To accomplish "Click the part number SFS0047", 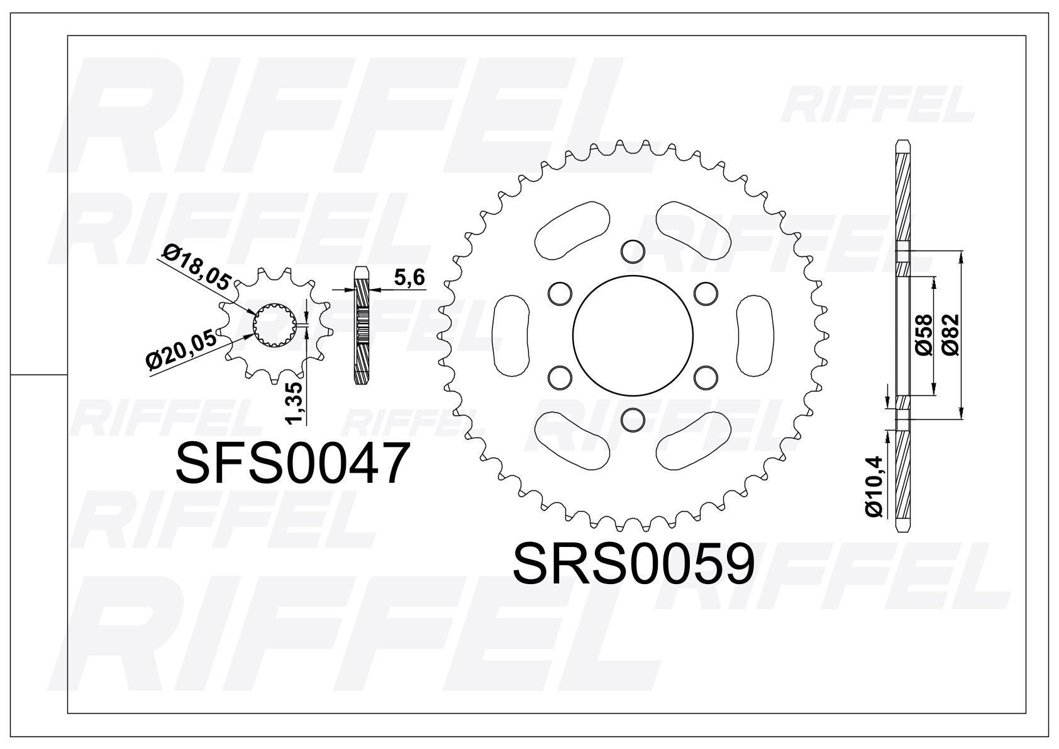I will point(292,464).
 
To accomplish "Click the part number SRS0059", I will point(633,565).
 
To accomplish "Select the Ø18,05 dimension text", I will point(196,268).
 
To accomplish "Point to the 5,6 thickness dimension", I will point(409,278).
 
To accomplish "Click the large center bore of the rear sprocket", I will point(633,335).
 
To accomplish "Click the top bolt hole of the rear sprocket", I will point(633,251).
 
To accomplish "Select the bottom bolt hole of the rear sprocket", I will point(633,420).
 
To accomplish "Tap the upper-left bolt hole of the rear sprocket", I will point(560,293).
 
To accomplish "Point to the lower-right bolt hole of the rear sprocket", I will point(706,377).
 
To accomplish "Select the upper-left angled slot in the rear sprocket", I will point(571,230).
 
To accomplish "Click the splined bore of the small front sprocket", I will point(274,324).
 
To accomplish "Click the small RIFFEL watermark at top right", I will point(878,105).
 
